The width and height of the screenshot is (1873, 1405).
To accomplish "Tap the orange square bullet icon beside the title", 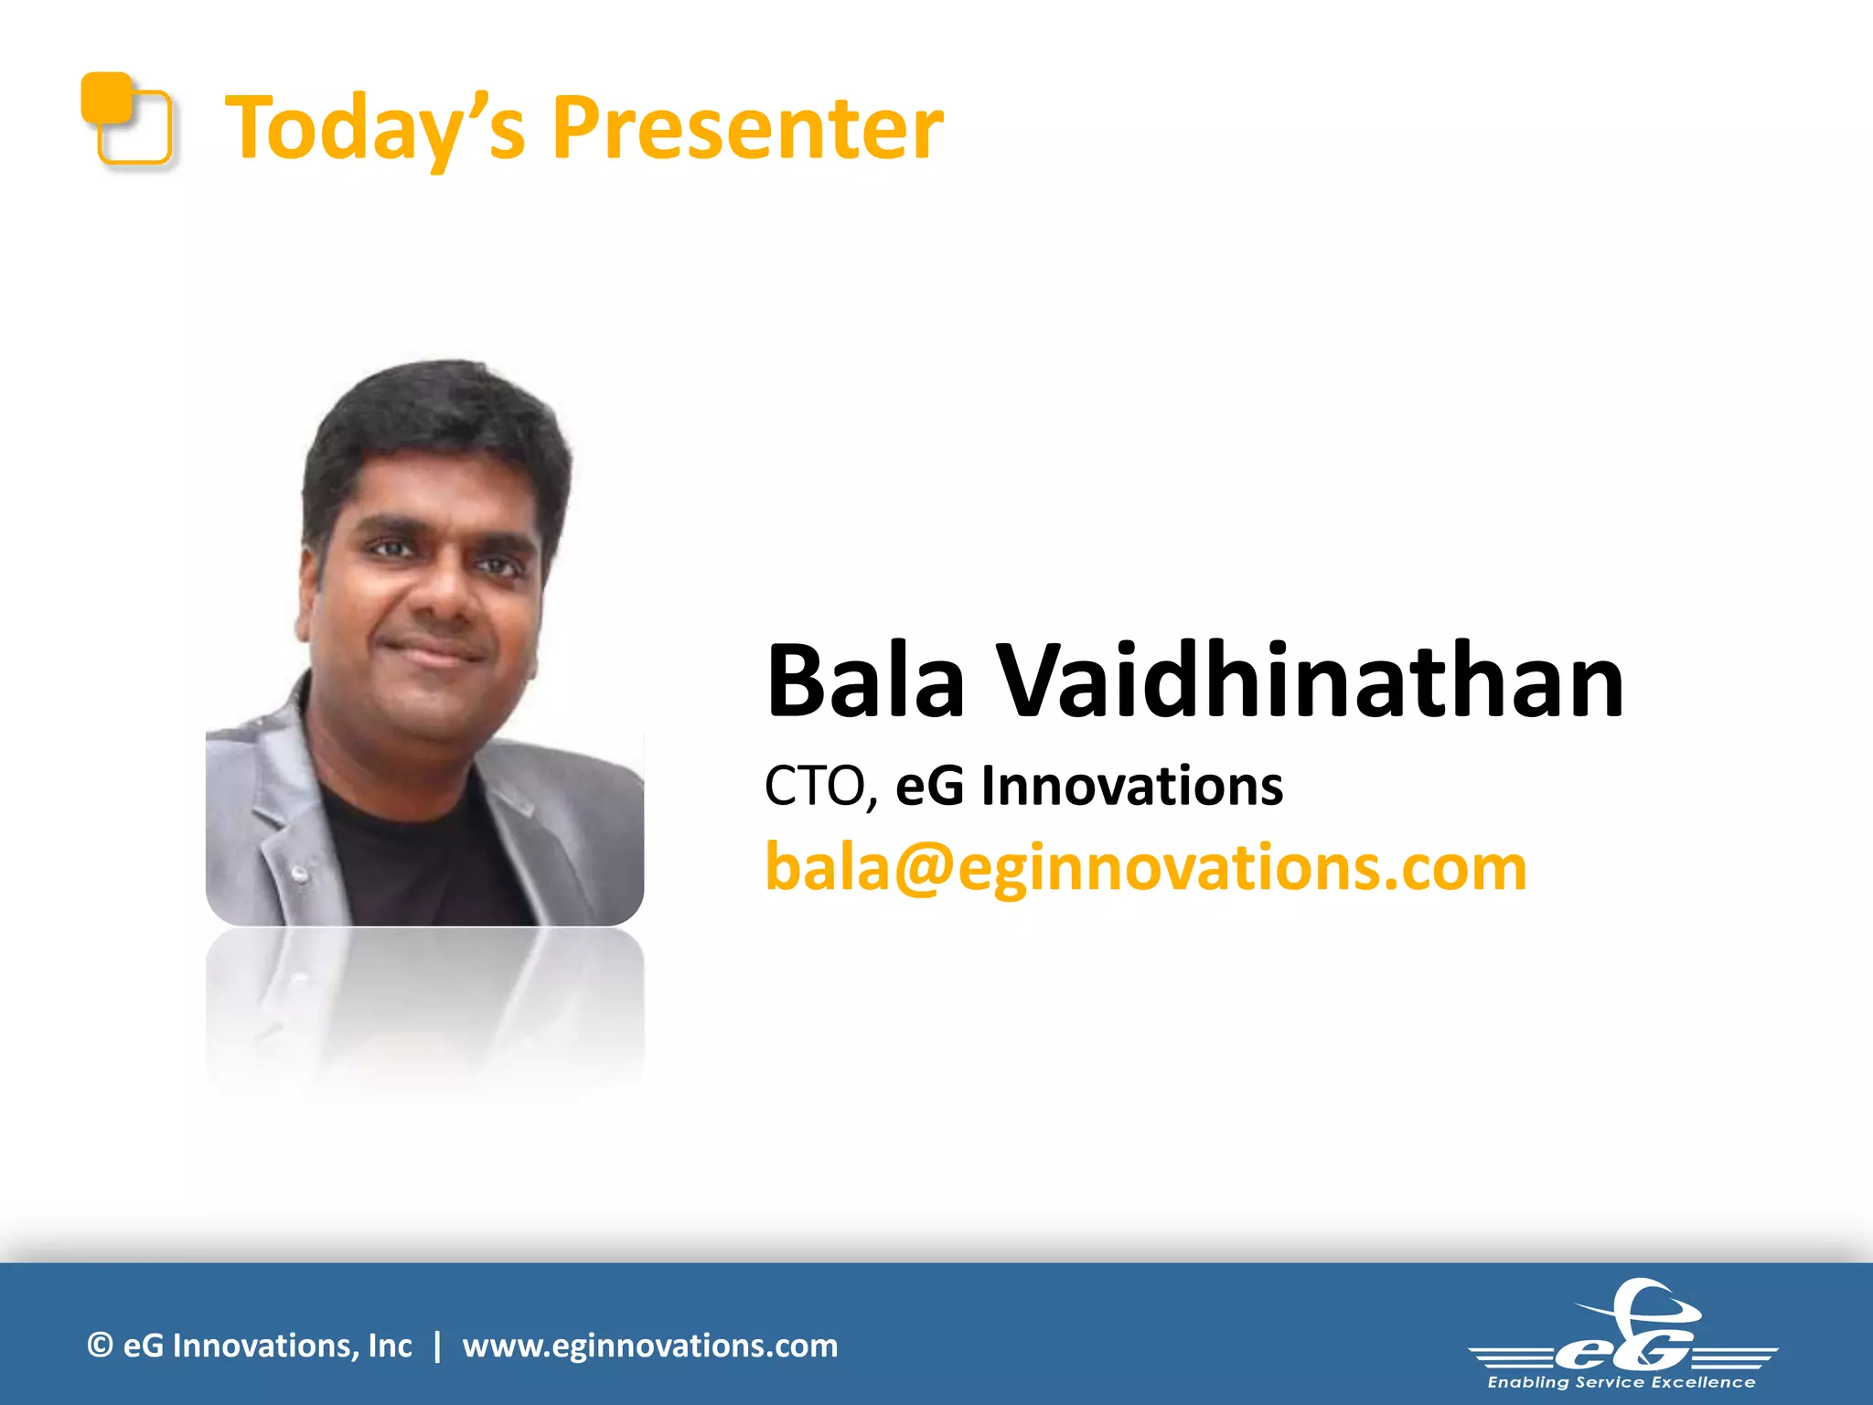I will pyautogui.click(x=126, y=119).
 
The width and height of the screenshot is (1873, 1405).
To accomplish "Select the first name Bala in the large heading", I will pyautogui.click(x=865, y=681).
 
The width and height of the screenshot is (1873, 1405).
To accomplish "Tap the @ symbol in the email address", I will pyautogui.click(x=924, y=867).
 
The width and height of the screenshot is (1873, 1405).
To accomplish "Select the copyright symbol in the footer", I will pyautogui.click(x=100, y=1346).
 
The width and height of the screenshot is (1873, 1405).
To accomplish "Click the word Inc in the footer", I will pyautogui.click(x=390, y=1346).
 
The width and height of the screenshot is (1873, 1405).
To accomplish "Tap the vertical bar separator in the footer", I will pyautogui.click(x=438, y=1346).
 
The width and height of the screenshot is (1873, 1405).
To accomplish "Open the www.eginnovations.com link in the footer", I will pyautogui.click(x=649, y=1346).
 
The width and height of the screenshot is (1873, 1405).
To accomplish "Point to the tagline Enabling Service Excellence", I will pyautogui.click(x=1621, y=1382).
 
